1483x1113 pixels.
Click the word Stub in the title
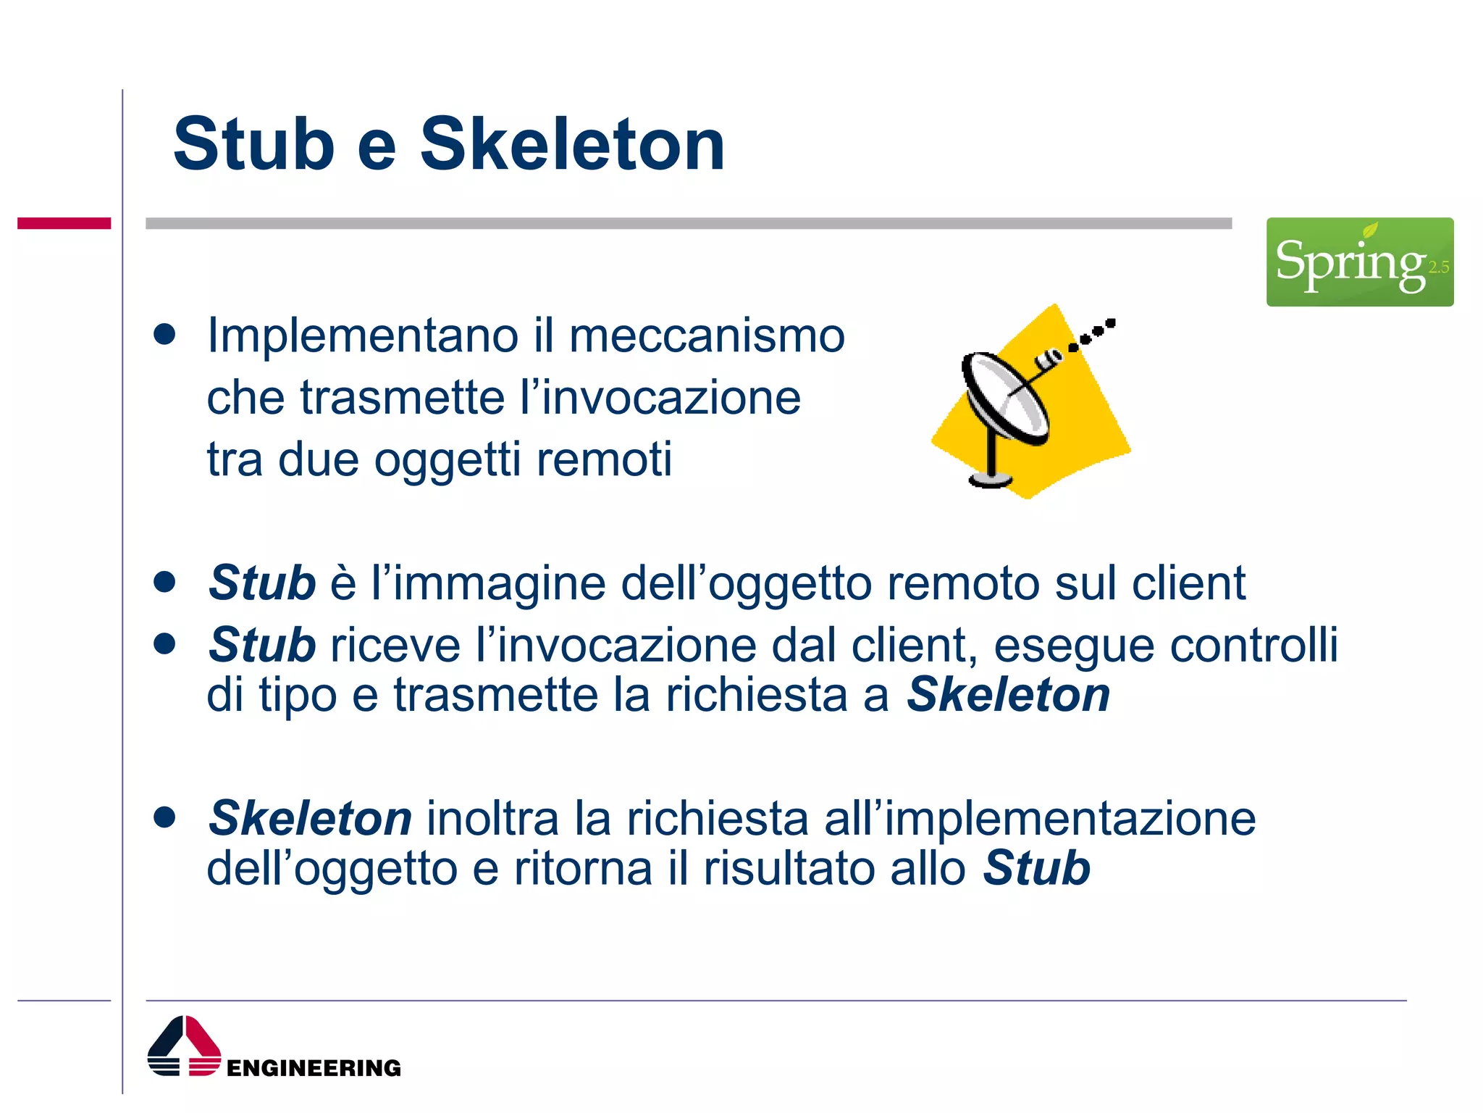(x=253, y=145)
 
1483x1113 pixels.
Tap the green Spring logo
(x=1359, y=262)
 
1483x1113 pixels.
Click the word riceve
(x=395, y=645)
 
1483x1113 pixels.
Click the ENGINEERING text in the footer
(x=314, y=1068)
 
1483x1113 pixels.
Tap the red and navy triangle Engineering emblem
(x=184, y=1046)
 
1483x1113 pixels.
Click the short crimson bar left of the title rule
(x=64, y=223)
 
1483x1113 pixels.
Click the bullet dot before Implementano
(x=165, y=335)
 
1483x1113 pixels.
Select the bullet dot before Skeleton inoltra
(x=165, y=817)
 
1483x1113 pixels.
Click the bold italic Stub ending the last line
(x=1036, y=869)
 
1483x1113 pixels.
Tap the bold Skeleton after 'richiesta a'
(x=1008, y=696)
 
